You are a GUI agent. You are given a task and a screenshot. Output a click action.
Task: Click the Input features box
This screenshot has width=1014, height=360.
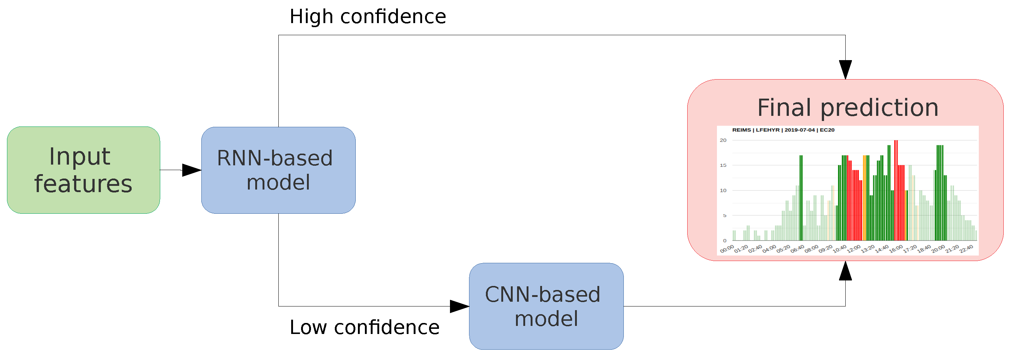click(x=84, y=170)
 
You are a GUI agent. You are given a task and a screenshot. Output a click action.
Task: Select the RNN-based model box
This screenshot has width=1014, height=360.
click(x=278, y=170)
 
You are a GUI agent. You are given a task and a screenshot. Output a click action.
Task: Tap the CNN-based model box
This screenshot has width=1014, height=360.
click(x=546, y=306)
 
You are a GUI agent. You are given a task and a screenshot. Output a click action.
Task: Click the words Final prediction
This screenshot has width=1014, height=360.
click(x=848, y=108)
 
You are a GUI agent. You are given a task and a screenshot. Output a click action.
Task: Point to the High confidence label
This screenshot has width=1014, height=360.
click(x=368, y=16)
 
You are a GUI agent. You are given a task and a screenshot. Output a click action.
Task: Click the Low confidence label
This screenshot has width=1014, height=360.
click(x=364, y=327)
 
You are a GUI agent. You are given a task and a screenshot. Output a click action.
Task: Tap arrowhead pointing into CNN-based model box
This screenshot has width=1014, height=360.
click(x=460, y=306)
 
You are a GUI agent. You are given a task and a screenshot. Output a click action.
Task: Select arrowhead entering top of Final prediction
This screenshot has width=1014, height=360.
click(x=845, y=70)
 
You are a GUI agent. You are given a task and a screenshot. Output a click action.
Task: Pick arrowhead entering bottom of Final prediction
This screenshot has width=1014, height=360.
click(x=845, y=271)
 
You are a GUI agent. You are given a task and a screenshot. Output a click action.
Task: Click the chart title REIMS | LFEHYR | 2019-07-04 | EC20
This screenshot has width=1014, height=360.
click(x=783, y=130)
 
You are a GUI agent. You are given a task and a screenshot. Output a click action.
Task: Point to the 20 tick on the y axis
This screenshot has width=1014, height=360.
click(x=723, y=140)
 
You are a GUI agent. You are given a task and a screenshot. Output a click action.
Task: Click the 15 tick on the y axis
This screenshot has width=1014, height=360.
click(x=723, y=165)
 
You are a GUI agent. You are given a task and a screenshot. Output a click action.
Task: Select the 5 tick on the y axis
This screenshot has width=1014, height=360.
click(x=724, y=216)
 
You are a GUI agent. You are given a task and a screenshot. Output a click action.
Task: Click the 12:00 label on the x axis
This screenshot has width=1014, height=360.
click(x=854, y=249)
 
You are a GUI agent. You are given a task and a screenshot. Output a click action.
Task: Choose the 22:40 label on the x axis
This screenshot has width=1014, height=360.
click(x=966, y=249)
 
